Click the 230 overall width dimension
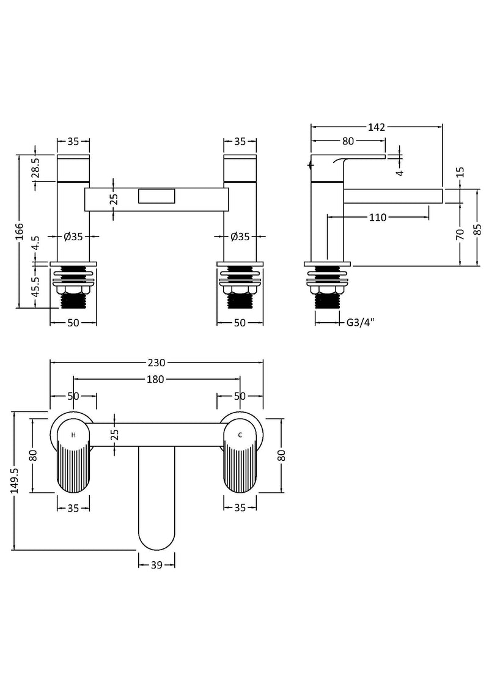point(156,361)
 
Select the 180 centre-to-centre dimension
point(155,379)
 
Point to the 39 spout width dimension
point(156,565)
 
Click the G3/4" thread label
point(360,322)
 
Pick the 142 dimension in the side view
point(377,127)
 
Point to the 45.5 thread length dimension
point(35,286)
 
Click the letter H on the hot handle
point(73,435)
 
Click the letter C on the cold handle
point(240,435)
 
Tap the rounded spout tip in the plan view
point(156,538)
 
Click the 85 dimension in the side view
point(477,228)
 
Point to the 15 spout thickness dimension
point(460,173)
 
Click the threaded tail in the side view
point(328,300)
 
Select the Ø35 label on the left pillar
point(73,237)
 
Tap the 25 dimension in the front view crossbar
point(114,198)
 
